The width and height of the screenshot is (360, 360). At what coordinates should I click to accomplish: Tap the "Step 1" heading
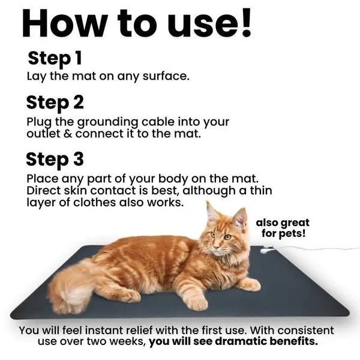55,59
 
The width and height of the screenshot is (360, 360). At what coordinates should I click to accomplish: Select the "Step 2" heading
55,102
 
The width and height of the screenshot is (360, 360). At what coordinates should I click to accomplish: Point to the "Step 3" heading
55,160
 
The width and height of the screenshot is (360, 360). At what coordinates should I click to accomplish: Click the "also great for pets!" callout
283,227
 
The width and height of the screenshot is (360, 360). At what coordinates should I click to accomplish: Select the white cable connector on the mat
264,251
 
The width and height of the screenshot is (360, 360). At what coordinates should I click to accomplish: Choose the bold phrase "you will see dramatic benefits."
233,342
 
